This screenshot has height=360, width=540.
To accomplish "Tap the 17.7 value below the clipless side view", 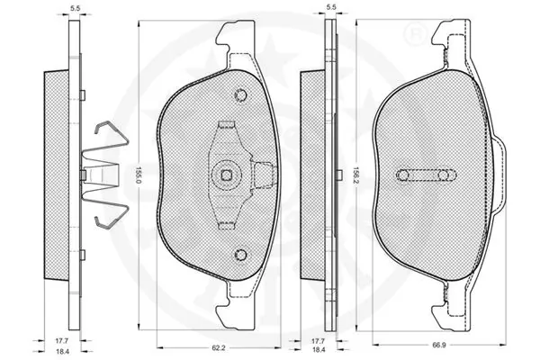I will pyautogui.click(x=318, y=340).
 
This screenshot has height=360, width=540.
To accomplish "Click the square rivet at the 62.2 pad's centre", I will pyautogui.click(x=227, y=175).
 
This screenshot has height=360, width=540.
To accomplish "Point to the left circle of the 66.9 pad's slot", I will pyautogui.click(x=404, y=174).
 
